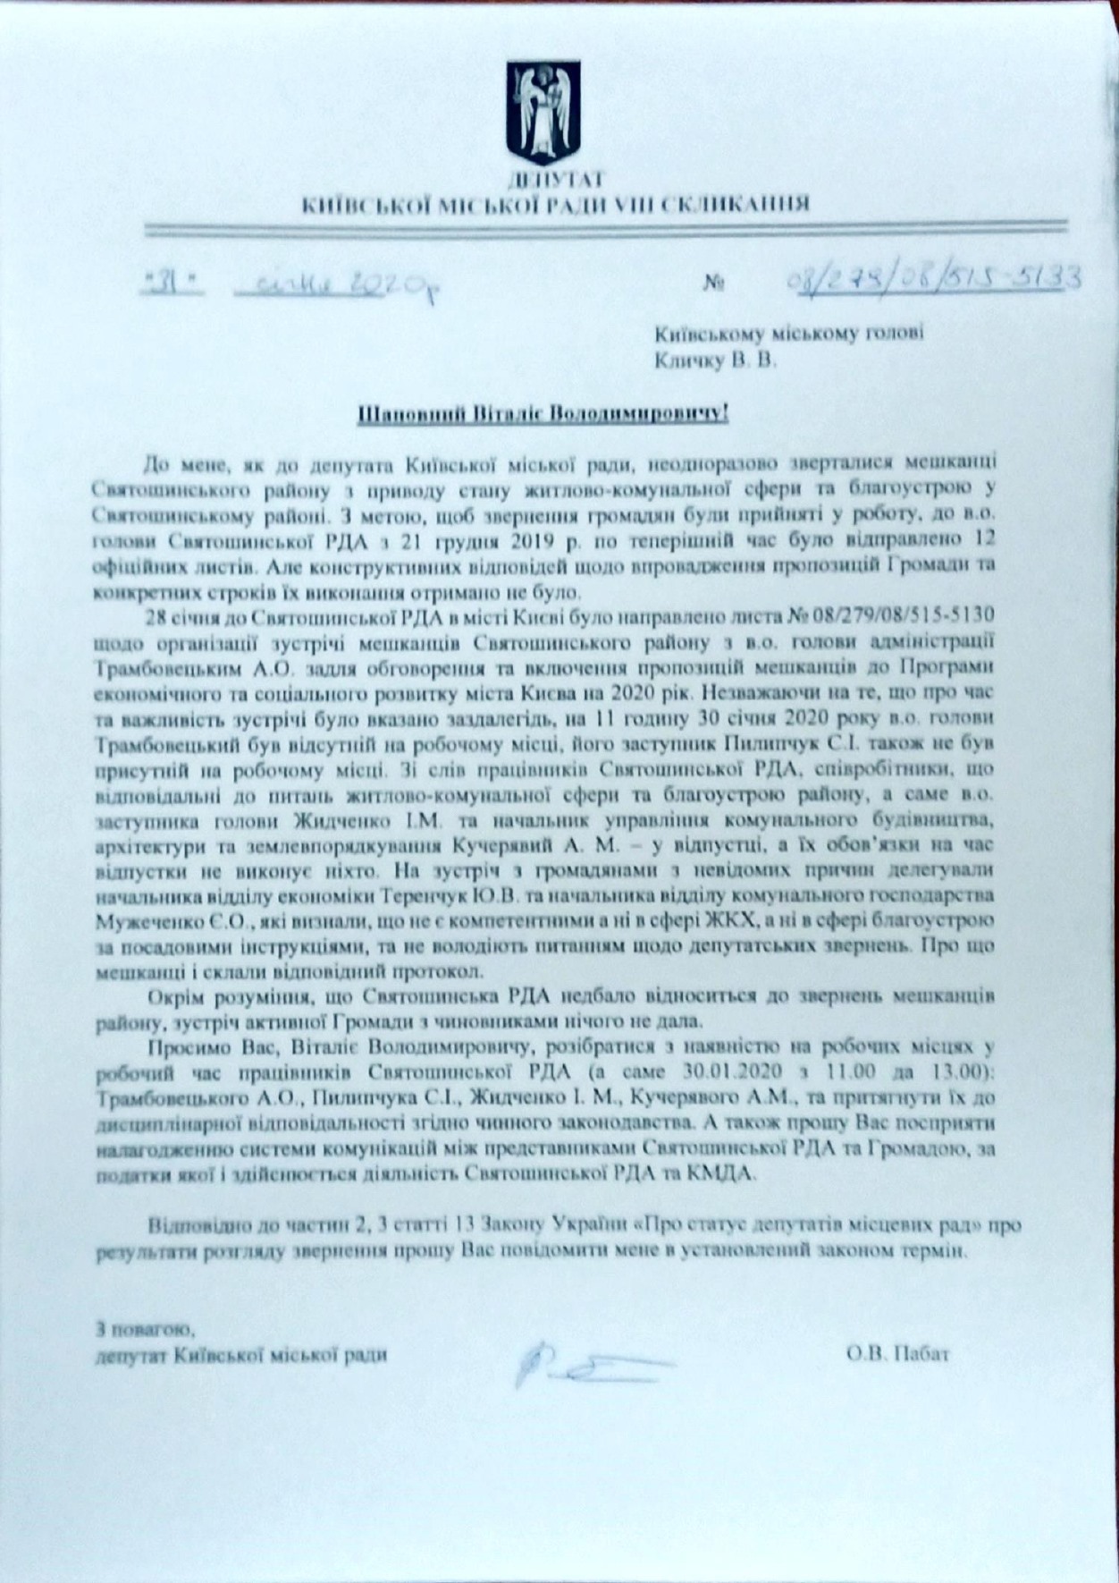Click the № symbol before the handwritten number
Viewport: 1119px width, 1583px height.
pos(714,284)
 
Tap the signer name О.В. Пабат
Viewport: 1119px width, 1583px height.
pos(896,1354)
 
